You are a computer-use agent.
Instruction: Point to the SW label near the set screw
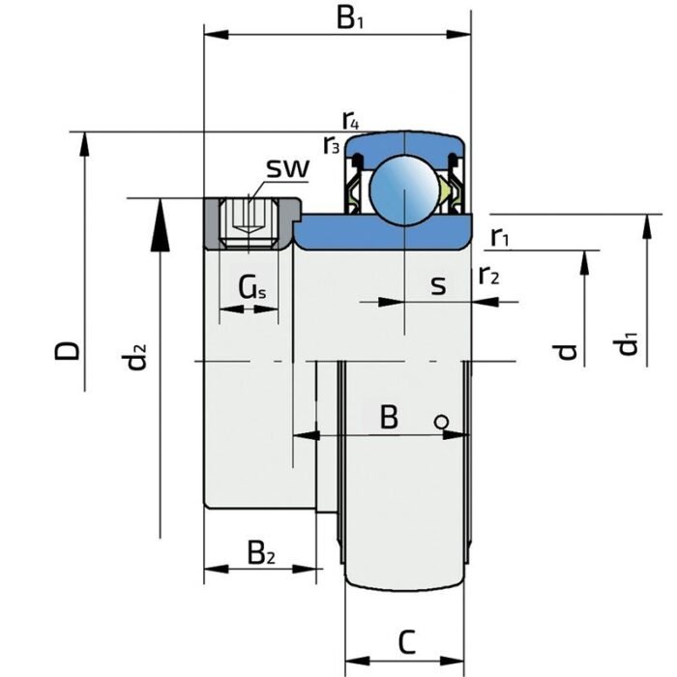(x=287, y=169)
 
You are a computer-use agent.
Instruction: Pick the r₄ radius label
(x=351, y=120)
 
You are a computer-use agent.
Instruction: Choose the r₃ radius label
(x=332, y=145)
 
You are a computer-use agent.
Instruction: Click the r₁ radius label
(x=500, y=236)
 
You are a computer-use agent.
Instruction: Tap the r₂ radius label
(x=489, y=276)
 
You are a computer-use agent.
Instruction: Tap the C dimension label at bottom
(x=408, y=640)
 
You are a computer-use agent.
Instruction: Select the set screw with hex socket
(x=250, y=221)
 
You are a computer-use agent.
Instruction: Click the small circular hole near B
(x=440, y=421)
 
